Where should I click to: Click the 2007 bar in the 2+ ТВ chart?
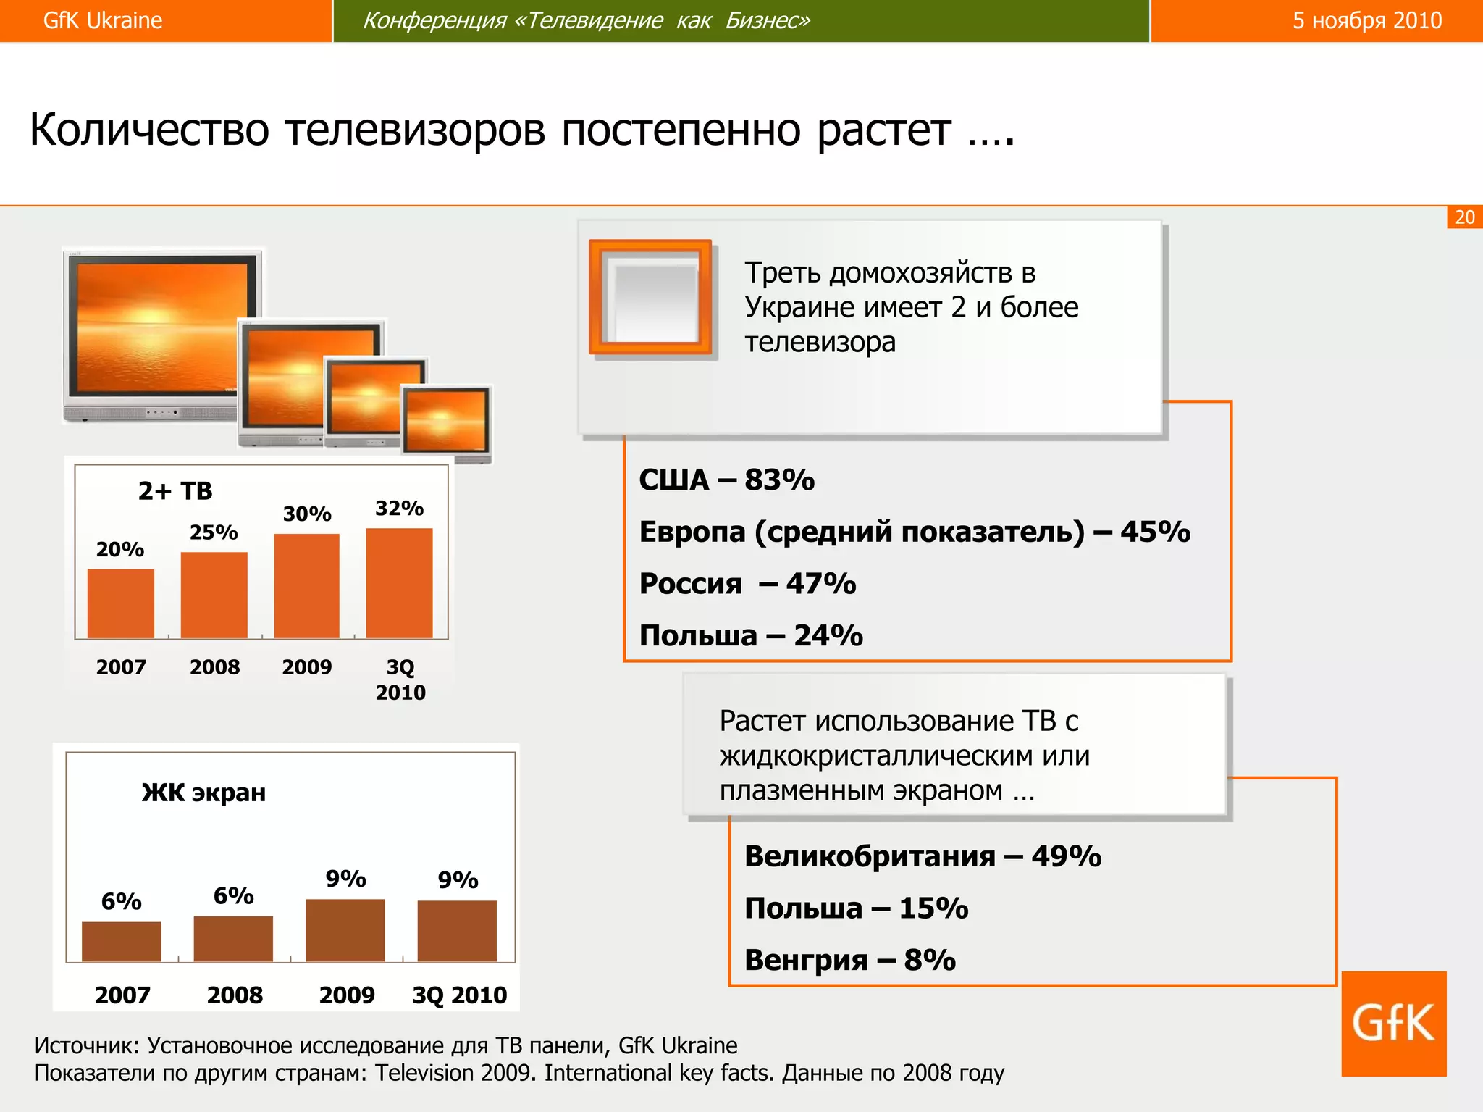(120, 603)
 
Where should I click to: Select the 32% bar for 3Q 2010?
(399, 583)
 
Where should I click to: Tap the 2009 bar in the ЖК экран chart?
(345, 930)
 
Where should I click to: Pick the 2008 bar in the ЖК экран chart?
(233, 939)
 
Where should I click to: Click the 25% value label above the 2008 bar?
(214, 532)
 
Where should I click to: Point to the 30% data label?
(307, 514)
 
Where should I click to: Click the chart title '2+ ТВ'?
(175, 491)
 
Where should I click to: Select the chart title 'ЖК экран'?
(203, 793)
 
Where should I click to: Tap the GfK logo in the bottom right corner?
(1393, 1023)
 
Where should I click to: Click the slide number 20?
(1464, 217)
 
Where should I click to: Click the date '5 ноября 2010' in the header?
(1367, 20)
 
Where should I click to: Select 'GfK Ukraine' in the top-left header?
(103, 20)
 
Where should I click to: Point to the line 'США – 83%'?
(726, 480)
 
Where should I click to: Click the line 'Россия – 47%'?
(747, 583)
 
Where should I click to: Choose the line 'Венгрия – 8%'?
(849, 960)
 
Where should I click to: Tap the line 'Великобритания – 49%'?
(923, 856)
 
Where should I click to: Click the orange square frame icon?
(651, 298)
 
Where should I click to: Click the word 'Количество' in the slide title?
(149, 130)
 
